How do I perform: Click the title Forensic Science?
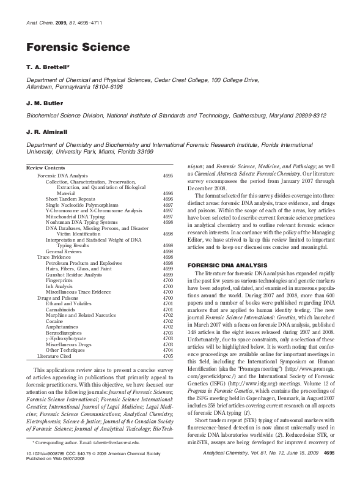point(77,47)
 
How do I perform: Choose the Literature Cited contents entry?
point(54,355)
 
